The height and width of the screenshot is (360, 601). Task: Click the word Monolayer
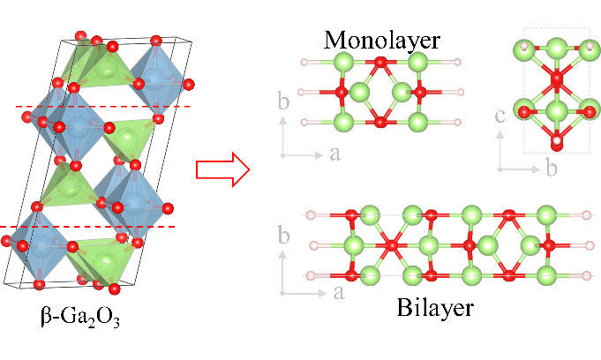point(382,41)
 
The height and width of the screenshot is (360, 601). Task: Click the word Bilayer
point(435,307)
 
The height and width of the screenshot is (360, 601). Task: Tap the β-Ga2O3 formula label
point(80,318)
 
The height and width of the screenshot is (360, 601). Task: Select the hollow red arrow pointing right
point(222,169)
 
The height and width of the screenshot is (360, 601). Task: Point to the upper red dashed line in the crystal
point(103,107)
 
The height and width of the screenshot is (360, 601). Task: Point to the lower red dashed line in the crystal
point(87,227)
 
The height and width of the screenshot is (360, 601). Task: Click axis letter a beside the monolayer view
point(334,154)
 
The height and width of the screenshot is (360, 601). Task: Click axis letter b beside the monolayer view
point(283,101)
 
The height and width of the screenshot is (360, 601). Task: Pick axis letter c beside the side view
point(500,116)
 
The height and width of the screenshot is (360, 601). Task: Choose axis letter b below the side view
point(552,168)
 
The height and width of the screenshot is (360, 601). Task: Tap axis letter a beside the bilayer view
point(339,293)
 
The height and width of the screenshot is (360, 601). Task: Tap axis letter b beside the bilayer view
point(283,235)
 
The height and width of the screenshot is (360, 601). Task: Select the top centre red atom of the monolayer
point(380,62)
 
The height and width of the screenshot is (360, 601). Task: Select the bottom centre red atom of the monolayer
point(380,123)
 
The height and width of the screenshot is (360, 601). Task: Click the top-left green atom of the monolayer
point(344,62)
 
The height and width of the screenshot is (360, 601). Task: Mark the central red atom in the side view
point(557,79)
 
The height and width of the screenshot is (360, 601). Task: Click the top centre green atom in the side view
point(557,49)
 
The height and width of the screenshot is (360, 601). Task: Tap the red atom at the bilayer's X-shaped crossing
point(391,245)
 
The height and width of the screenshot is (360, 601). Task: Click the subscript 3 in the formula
point(116,322)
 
